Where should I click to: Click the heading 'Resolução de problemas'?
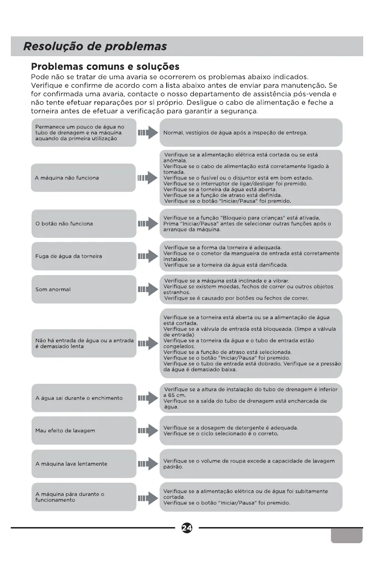96,47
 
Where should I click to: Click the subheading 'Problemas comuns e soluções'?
105,67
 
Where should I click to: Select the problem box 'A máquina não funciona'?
83,178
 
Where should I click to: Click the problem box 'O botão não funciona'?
83,224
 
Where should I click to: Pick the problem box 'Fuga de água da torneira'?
83,256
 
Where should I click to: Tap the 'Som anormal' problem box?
83,289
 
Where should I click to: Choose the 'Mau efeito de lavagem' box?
83,431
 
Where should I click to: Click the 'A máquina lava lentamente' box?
83,464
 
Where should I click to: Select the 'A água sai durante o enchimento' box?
83,398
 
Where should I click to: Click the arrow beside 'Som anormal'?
147,289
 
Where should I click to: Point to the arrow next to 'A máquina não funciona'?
147,178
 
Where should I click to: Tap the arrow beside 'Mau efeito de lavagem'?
147,431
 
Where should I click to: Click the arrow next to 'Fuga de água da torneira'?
147,256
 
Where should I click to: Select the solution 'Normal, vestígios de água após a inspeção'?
235,133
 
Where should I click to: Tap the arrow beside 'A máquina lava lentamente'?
147,464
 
